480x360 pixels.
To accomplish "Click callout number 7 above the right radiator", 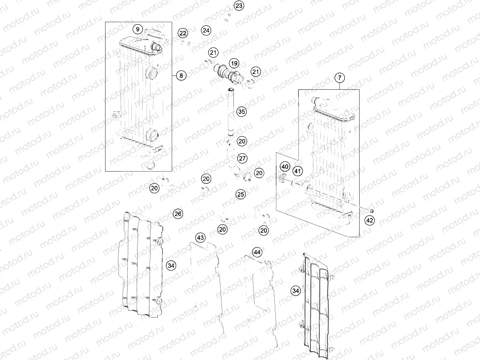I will point(339,77).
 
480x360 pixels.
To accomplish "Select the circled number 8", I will point(181,75).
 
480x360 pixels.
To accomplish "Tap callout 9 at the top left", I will point(138,29).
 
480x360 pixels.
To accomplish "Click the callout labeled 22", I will point(183,34).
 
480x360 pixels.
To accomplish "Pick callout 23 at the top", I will point(239,6).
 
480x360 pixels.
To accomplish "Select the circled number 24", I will point(206,31).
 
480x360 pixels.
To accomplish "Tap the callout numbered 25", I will point(240,194).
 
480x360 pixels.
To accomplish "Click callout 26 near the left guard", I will point(178,214).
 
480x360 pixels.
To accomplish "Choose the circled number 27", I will point(242,158).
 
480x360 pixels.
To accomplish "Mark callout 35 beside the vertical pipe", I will point(241,112).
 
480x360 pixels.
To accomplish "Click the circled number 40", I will point(285,167).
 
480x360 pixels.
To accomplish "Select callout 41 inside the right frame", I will point(297,171).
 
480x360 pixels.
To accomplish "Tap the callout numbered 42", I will point(369,221).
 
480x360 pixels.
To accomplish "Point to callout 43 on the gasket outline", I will point(200,238).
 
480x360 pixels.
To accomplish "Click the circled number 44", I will point(257,252).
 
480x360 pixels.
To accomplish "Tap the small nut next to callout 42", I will point(372,212).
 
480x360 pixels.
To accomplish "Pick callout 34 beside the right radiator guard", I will point(295,291).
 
